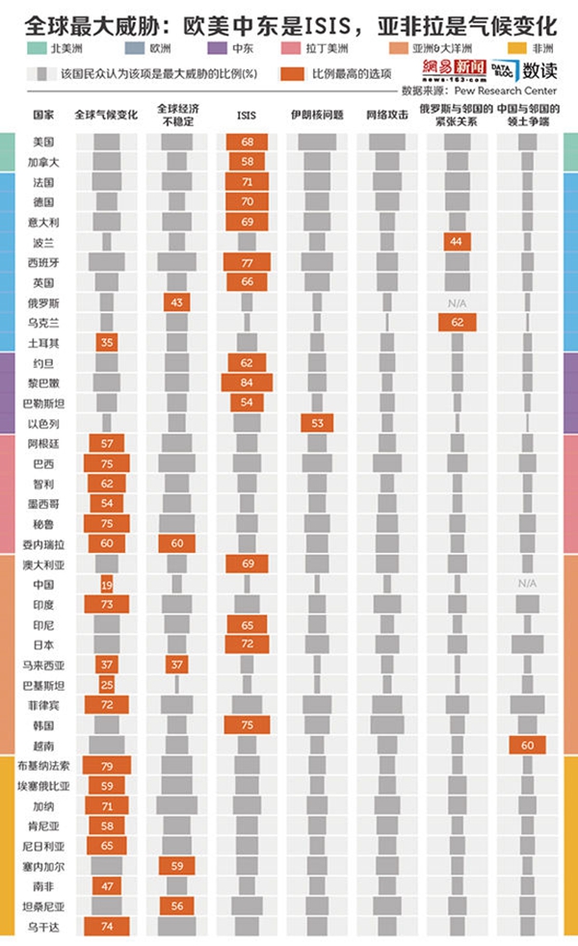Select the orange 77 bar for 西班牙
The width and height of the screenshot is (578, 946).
point(247,262)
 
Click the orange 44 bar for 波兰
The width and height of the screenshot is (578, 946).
point(457,242)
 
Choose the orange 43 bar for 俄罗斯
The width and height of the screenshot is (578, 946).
point(176,302)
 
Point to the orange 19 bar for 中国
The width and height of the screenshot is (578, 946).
point(107,584)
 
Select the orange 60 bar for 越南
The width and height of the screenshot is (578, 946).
point(527,745)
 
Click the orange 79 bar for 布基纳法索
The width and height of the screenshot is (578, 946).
point(107,766)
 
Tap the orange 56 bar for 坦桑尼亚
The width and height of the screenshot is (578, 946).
point(176,907)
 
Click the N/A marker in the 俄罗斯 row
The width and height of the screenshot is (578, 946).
point(457,302)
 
